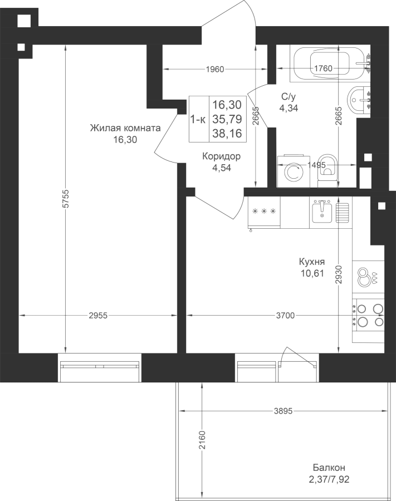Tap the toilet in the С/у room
click(x=328, y=171)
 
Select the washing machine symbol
click(x=294, y=171)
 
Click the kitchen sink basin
click(x=322, y=212)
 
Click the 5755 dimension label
click(x=66, y=199)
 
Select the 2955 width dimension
click(x=98, y=316)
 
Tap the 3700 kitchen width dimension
click(x=285, y=316)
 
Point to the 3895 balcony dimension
click(x=283, y=411)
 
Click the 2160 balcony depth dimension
click(x=202, y=440)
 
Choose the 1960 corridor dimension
click(x=215, y=69)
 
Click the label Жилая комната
click(x=125, y=128)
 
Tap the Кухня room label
click(x=312, y=262)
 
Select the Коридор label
click(x=222, y=156)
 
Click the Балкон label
click(x=329, y=468)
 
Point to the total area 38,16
click(x=227, y=133)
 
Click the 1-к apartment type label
click(x=198, y=120)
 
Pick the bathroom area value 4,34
click(x=289, y=109)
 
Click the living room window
click(x=100, y=367)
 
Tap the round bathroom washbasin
click(x=359, y=100)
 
